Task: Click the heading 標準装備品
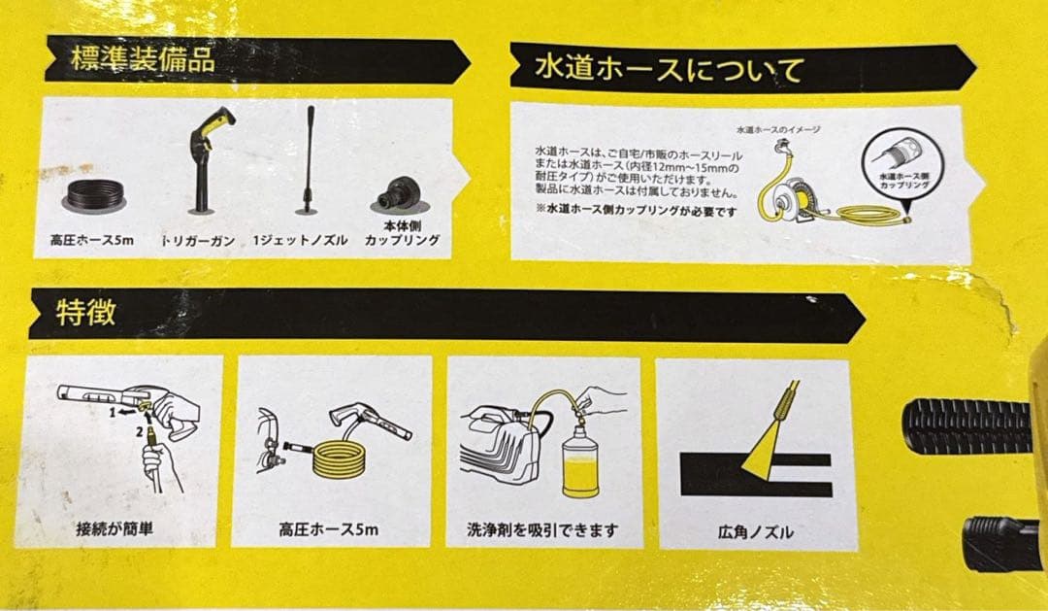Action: (x=143, y=59)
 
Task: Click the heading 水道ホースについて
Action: (x=671, y=71)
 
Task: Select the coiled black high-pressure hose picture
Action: (x=95, y=190)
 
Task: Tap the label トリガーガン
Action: (x=199, y=240)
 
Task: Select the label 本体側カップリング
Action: (x=401, y=233)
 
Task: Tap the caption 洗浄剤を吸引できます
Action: (x=542, y=531)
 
